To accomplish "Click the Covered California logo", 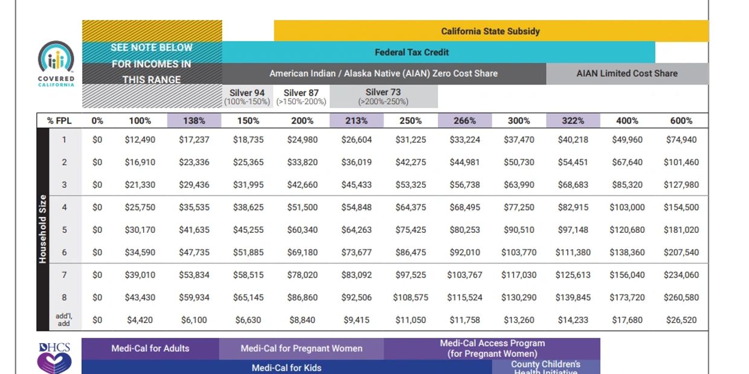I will tap(56, 64).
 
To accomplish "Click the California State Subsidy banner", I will tap(490, 31).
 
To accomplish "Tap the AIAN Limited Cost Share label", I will tap(627, 74).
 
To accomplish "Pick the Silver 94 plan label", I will tap(247, 97).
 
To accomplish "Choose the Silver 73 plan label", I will tap(383, 97).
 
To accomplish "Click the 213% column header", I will tap(356, 121).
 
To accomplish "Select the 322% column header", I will tap(573, 121).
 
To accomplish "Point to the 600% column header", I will tap(681, 121).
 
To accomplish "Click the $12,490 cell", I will tap(140, 140).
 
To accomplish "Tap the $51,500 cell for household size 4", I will tap(302, 208).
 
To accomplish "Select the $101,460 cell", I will tap(681, 162).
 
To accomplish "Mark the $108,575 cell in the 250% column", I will tap(410, 297).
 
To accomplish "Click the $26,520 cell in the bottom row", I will tap(681, 320).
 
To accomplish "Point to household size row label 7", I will tap(64, 275).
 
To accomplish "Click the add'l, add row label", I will tap(64, 320).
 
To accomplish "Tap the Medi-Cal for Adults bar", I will tap(150, 348).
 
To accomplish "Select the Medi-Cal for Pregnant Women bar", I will tap(301, 348).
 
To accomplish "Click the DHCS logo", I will tap(55, 358).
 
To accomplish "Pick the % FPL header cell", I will tap(59, 121).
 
